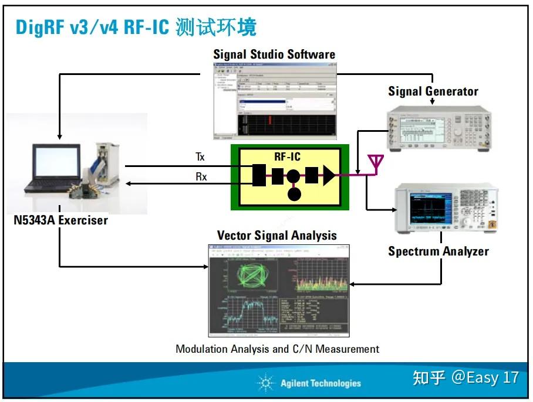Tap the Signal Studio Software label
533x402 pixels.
[274, 55]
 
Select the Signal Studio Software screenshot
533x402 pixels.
[274, 100]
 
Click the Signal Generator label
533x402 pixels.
[433, 91]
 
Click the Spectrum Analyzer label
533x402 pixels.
[438, 251]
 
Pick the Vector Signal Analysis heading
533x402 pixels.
[277, 236]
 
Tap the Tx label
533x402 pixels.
[201, 157]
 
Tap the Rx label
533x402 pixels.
[201, 176]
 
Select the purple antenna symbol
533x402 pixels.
[375, 162]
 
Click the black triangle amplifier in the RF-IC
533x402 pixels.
[329, 175]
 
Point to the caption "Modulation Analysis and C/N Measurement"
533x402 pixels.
[277, 349]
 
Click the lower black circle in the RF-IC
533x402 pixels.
[294, 195]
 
